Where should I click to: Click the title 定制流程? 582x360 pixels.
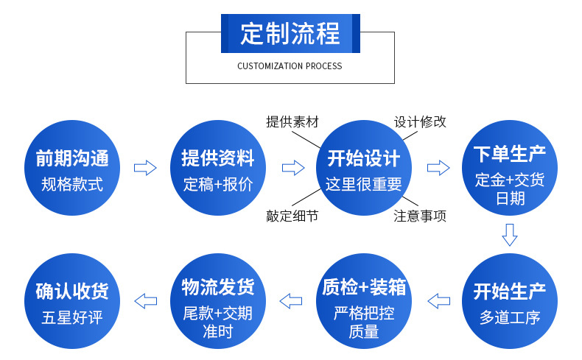(x=290, y=34)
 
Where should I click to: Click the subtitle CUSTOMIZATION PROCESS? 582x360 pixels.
(x=290, y=66)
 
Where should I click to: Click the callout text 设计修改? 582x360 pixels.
(x=420, y=122)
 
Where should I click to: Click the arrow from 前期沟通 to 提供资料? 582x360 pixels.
(x=145, y=168)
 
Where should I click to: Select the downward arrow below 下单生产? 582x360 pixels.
(x=509, y=235)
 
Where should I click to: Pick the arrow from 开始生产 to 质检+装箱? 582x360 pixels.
(x=439, y=300)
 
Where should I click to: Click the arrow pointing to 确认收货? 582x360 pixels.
(x=145, y=300)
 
